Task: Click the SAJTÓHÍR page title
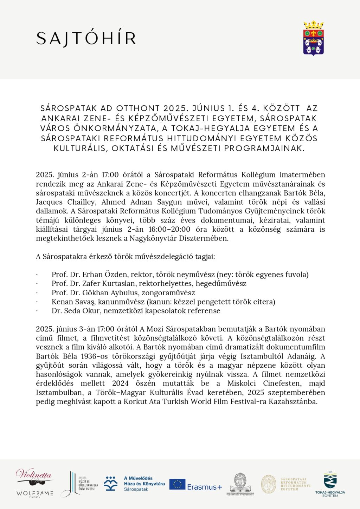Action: coord(86,39)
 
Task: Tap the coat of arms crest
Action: coord(313,38)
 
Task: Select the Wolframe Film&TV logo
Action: coord(34,494)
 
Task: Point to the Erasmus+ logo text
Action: coord(205,487)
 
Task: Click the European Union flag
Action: coord(177,484)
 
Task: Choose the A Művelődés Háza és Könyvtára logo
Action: coord(135,484)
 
